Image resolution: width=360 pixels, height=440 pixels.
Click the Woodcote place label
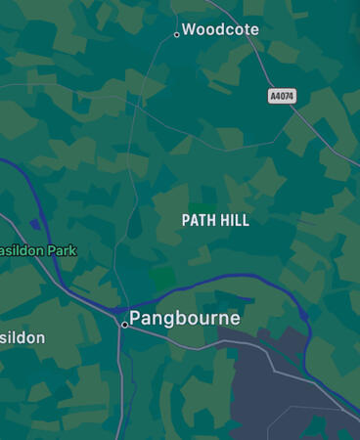click(220, 30)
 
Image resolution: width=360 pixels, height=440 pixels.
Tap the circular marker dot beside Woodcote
click(177, 34)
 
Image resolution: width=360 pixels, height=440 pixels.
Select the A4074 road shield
click(282, 96)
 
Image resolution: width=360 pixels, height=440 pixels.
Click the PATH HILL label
click(215, 221)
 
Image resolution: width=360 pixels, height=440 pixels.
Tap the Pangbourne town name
click(185, 318)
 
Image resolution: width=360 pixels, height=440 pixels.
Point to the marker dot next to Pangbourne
click(124, 324)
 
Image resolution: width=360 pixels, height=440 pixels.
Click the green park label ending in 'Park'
click(37, 251)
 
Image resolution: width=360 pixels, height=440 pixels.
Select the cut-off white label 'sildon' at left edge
click(22, 338)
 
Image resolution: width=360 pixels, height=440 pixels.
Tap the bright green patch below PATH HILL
click(163, 277)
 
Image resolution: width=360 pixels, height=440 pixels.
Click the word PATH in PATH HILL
click(198, 221)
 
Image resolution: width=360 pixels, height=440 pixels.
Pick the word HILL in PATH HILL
click(234, 221)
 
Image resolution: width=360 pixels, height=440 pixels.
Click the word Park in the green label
click(61, 251)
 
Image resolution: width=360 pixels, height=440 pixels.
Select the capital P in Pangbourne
click(136, 318)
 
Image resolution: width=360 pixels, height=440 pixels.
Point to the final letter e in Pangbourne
click(235, 319)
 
